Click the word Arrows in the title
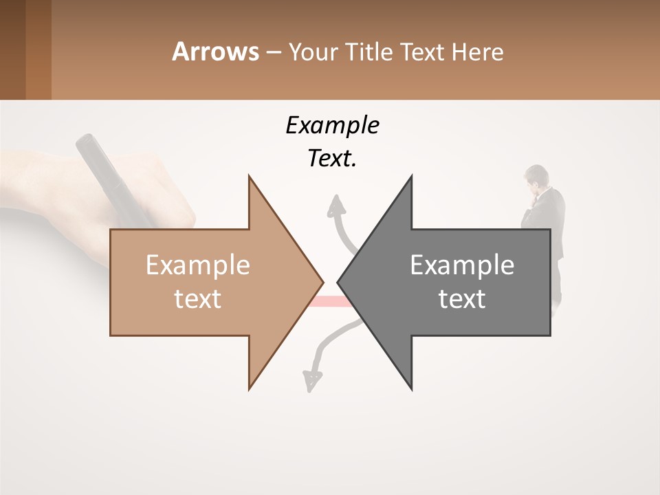(215, 52)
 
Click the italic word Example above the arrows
(333, 125)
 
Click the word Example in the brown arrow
(198, 265)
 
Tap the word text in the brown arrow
(198, 299)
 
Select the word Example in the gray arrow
(462, 265)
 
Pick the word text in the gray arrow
(462, 299)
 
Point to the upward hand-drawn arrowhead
(336, 205)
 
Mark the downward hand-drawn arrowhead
(312, 379)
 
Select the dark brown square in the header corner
(13, 49)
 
